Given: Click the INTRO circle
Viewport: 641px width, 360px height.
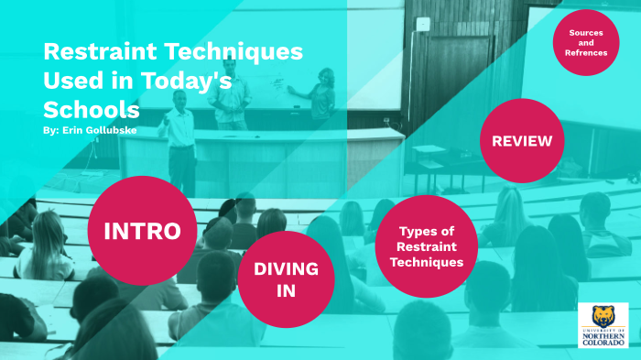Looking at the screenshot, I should (x=142, y=231).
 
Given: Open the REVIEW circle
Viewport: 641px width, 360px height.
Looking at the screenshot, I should (x=521, y=141).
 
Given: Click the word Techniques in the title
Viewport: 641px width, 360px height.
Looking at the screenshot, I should (x=233, y=52).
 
